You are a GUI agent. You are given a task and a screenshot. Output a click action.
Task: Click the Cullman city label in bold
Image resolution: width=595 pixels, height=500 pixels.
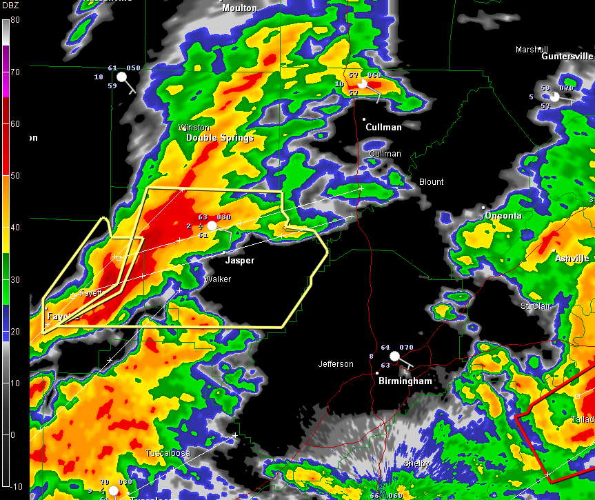coord(383,127)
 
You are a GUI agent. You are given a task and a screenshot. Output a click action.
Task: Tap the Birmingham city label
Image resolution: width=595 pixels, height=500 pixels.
coord(405,381)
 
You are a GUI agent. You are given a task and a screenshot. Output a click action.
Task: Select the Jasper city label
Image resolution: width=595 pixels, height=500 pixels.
coord(240,261)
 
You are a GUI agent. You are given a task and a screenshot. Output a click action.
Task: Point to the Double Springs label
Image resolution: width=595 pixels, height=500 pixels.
coord(220,138)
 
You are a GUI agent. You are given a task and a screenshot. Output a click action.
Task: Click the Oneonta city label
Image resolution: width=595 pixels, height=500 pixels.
coord(503,216)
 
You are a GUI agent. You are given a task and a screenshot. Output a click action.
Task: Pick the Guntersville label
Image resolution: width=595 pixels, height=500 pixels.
coord(567,57)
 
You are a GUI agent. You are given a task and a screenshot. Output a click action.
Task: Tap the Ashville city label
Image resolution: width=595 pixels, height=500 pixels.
coord(572,259)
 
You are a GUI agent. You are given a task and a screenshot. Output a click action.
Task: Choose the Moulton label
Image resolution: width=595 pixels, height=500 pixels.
coord(239,8)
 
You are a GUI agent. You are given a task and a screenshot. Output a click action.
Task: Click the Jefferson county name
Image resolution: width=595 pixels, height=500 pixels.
coord(336,364)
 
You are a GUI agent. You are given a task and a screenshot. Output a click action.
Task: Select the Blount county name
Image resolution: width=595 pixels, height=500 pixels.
coord(431,182)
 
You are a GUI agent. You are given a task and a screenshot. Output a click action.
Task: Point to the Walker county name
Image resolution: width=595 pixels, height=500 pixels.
coord(217,279)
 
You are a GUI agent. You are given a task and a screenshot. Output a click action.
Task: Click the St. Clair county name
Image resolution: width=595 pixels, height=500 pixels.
coord(536,306)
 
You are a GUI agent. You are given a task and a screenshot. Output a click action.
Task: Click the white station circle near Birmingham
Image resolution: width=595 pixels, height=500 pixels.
coord(394,357)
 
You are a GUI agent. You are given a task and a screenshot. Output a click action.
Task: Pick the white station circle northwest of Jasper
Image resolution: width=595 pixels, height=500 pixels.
coord(212,226)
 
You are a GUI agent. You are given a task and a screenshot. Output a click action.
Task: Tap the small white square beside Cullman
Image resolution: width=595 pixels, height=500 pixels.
coord(365,119)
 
